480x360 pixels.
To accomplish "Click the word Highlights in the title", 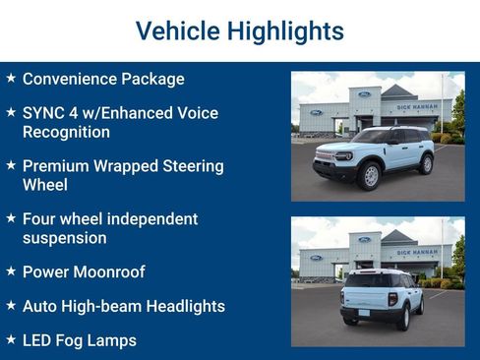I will [285, 31].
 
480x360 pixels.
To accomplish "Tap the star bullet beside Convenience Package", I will [10, 78].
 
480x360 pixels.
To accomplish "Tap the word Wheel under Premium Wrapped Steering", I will [44, 185].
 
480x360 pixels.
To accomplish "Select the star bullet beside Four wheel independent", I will [10, 218].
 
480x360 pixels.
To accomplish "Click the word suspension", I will [65, 238].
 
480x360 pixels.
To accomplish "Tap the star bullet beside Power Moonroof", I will [10, 271].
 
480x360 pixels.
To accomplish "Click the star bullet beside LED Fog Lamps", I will [10, 340].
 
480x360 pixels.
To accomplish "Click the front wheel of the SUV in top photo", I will [370, 176].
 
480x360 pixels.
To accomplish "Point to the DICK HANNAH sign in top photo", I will [417, 106].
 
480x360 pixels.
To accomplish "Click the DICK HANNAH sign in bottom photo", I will [417, 253].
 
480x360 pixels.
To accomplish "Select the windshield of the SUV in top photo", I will [372, 137].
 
